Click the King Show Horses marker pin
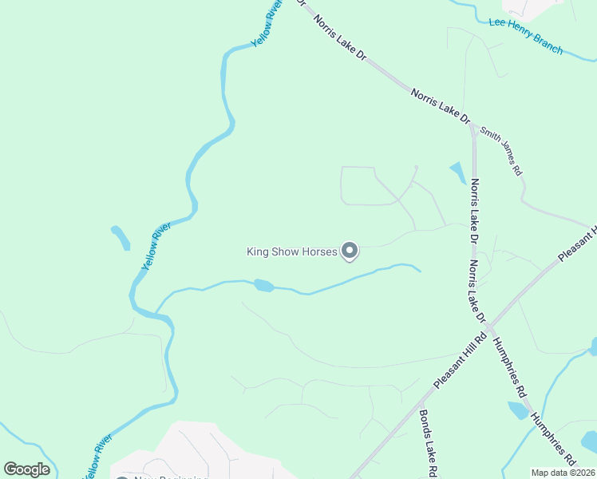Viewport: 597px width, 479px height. (x=349, y=251)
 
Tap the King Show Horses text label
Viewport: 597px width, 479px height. (x=291, y=252)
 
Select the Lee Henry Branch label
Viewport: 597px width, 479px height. (x=525, y=36)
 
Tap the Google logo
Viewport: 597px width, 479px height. (x=27, y=469)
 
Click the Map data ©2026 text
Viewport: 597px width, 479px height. (x=563, y=473)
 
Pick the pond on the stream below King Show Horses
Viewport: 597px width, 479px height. (x=263, y=285)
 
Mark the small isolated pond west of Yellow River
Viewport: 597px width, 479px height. (x=121, y=237)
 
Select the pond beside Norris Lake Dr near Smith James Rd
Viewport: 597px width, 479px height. (x=458, y=172)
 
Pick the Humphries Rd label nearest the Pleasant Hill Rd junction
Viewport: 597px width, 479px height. (x=508, y=366)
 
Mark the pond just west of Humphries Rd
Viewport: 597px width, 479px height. (x=517, y=410)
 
